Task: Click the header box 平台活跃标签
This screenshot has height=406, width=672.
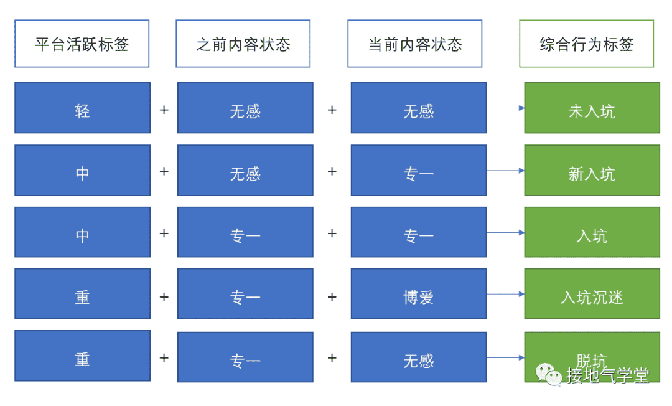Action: click(x=82, y=44)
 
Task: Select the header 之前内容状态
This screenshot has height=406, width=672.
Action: click(x=243, y=44)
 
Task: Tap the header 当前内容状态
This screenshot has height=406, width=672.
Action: click(x=415, y=44)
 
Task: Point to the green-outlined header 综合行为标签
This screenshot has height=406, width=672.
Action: click(x=587, y=44)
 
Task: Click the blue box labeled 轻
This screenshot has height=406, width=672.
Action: click(x=82, y=108)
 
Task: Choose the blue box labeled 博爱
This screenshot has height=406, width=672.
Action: click(x=419, y=294)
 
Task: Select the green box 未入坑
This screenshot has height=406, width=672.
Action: click(x=592, y=108)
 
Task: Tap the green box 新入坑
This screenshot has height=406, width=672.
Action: click(x=592, y=170)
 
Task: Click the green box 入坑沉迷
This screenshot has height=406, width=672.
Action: click(x=592, y=294)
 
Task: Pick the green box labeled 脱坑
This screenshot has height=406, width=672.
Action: click(x=592, y=357)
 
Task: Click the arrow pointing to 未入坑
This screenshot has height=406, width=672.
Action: click(x=506, y=108)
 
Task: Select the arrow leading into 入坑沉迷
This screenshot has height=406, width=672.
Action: click(x=506, y=294)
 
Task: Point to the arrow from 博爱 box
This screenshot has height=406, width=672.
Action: click(x=506, y=294)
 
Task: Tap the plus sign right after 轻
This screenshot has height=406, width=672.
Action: click(x=164, y=110)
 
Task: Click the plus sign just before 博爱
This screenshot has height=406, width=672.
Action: click(x=332, y=296)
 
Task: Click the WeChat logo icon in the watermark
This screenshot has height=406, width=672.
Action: click(x=549, y=374)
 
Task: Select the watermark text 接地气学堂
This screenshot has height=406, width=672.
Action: click(x=607, y=375)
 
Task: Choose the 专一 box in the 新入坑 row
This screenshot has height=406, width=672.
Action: click(x=419, y=170)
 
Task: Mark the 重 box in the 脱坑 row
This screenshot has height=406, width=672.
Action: click(x=82, y=356)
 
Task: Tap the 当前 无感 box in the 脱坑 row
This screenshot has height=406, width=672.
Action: click(x=419, y=357)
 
